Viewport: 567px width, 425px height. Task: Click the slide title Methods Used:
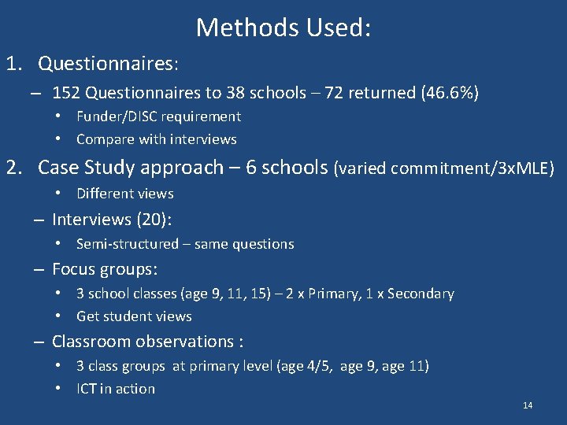pos(283,28)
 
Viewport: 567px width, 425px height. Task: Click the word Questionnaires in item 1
pos(106,62)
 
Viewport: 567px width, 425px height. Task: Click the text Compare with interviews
pos(156,139)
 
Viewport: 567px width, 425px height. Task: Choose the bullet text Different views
pos(124,194)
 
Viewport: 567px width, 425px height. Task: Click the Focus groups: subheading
pos(105,269)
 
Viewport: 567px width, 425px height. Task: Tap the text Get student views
pos(134,316)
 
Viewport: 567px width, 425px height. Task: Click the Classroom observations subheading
pos(147,342)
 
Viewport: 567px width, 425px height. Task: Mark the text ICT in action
pos(116,389)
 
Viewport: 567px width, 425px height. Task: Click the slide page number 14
pos(528,405)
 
